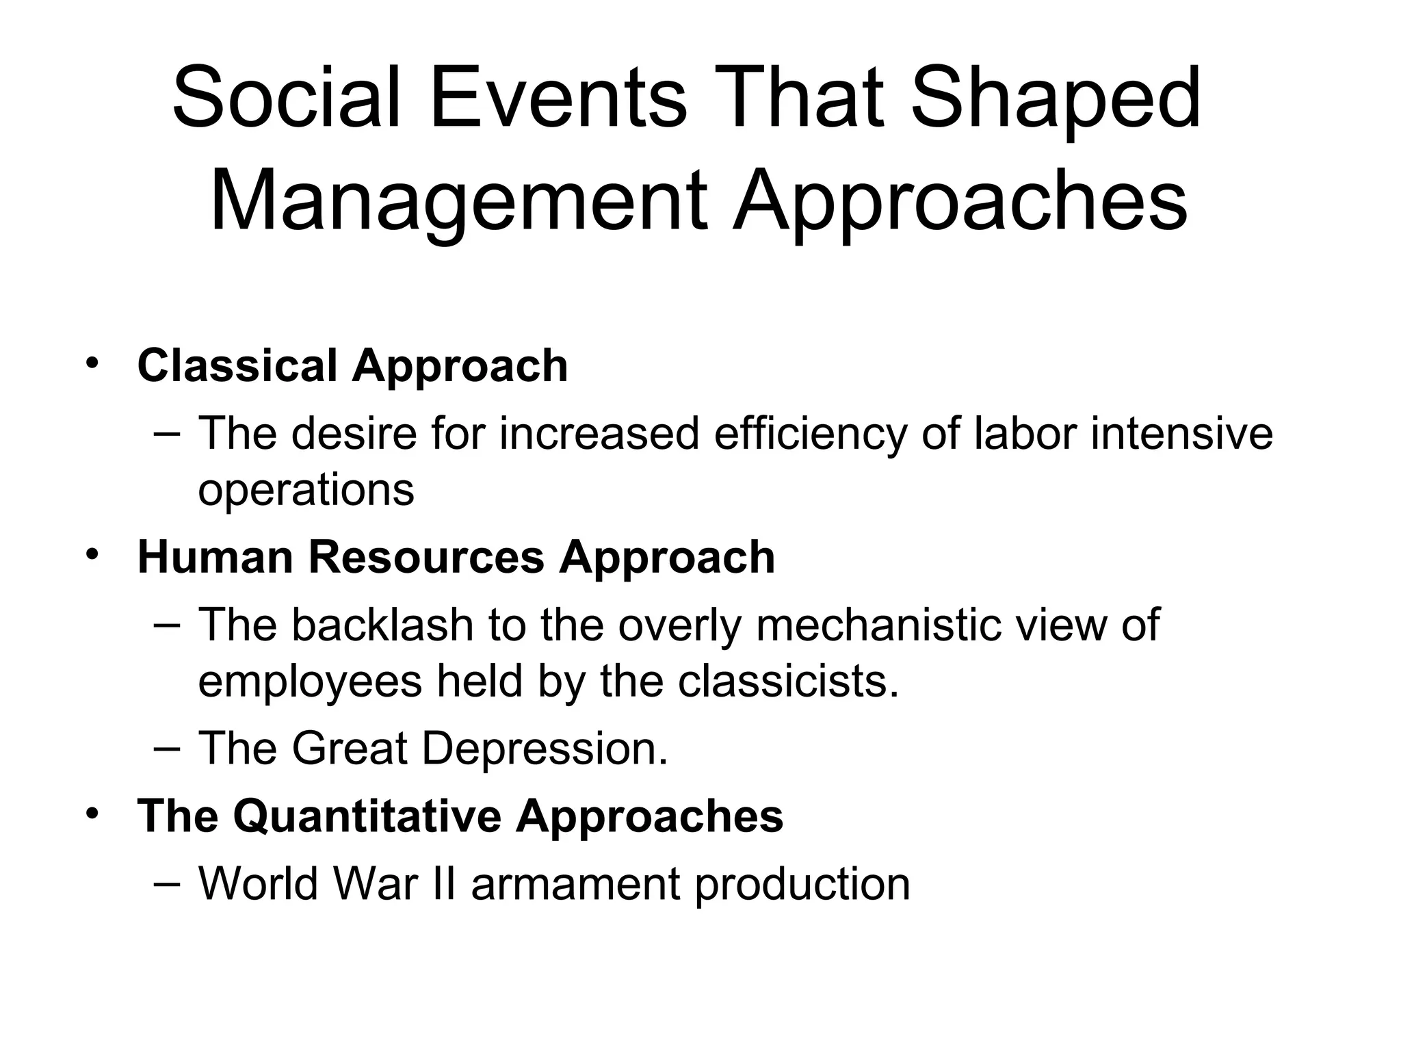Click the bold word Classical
pos(237,365)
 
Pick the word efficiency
pos(810,434)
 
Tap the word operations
pos(306,490)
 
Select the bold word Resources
pos(425,557)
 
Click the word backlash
pos(383,625)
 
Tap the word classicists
pos(787,682)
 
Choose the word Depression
pos(544,749)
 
